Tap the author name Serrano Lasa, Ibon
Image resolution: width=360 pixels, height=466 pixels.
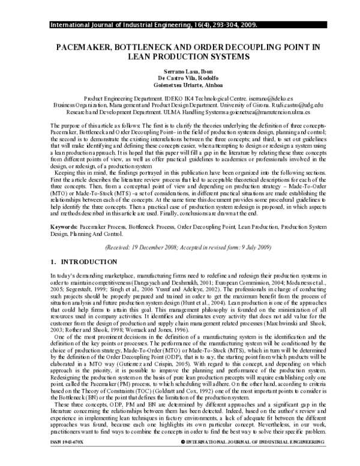tap(179, 71)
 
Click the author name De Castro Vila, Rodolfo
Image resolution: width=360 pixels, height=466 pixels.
tap(179, 78)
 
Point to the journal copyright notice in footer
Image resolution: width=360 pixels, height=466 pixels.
tap(252, 458)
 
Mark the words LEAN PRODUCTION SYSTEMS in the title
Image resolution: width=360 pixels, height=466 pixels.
tap(179, 56)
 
